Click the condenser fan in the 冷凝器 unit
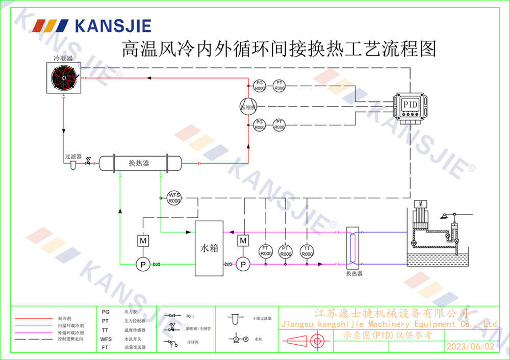pyautogui.click(x=63, y=79)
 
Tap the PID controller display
pyautogui.click(x=411, y=105)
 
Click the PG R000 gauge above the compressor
pyautogui.click(x=260, y=86)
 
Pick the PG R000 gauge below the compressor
pyautogui.click(x=260, y=124)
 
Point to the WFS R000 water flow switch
pyautogui.click(x=174, y=198)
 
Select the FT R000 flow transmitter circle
pyautogui.click(x=265, y=251)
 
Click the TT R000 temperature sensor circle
pyautogui.click(x=307, y=251)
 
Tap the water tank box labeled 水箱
pyautogui.click(x=209, y=248)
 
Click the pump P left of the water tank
pyautogui.click(x=141, y=264)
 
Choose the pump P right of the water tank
pyautogui.click(x=243, y=264)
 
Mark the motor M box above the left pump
pyautogui.click(x=141, y=240)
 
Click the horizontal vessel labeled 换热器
pyautogui.click(x=140, y=163)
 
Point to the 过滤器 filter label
pyautogui.click(x=73, y=156)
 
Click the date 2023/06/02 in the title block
pyautogui.click(x=470, y=347)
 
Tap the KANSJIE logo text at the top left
pyautogui.click(x=113, y=25)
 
